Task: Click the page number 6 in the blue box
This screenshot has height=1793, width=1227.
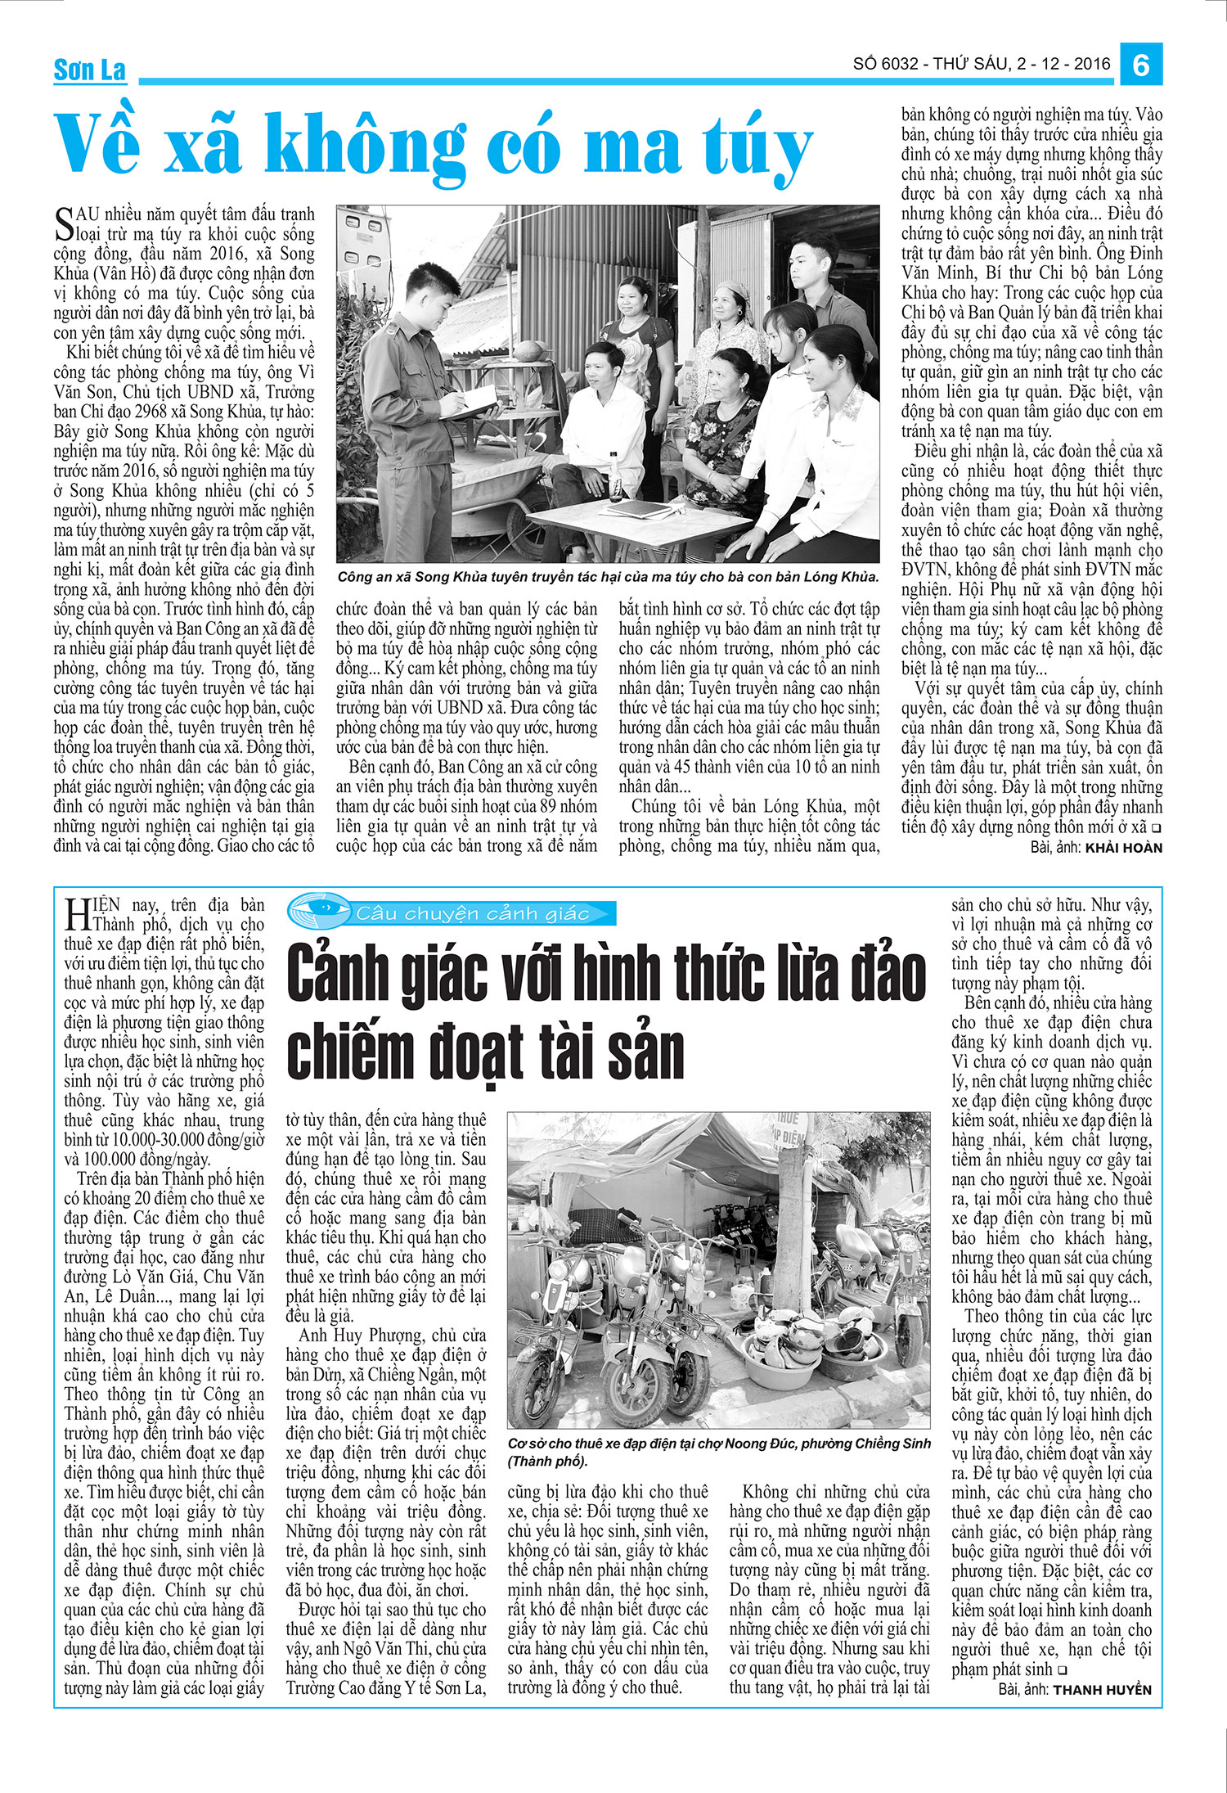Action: coord(1141,64)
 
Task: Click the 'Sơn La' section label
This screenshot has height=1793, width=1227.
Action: coord(89,70)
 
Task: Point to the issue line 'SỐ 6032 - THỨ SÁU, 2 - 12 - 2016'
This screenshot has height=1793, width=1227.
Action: coord(982,64)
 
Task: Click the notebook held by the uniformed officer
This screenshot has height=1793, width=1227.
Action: coord(470,403)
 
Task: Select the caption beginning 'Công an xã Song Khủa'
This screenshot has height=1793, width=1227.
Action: coord(607,577)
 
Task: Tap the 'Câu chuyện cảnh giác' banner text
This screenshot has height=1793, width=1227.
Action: coord(473,913)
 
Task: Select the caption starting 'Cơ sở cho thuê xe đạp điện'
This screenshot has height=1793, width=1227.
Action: coord(718,1453)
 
